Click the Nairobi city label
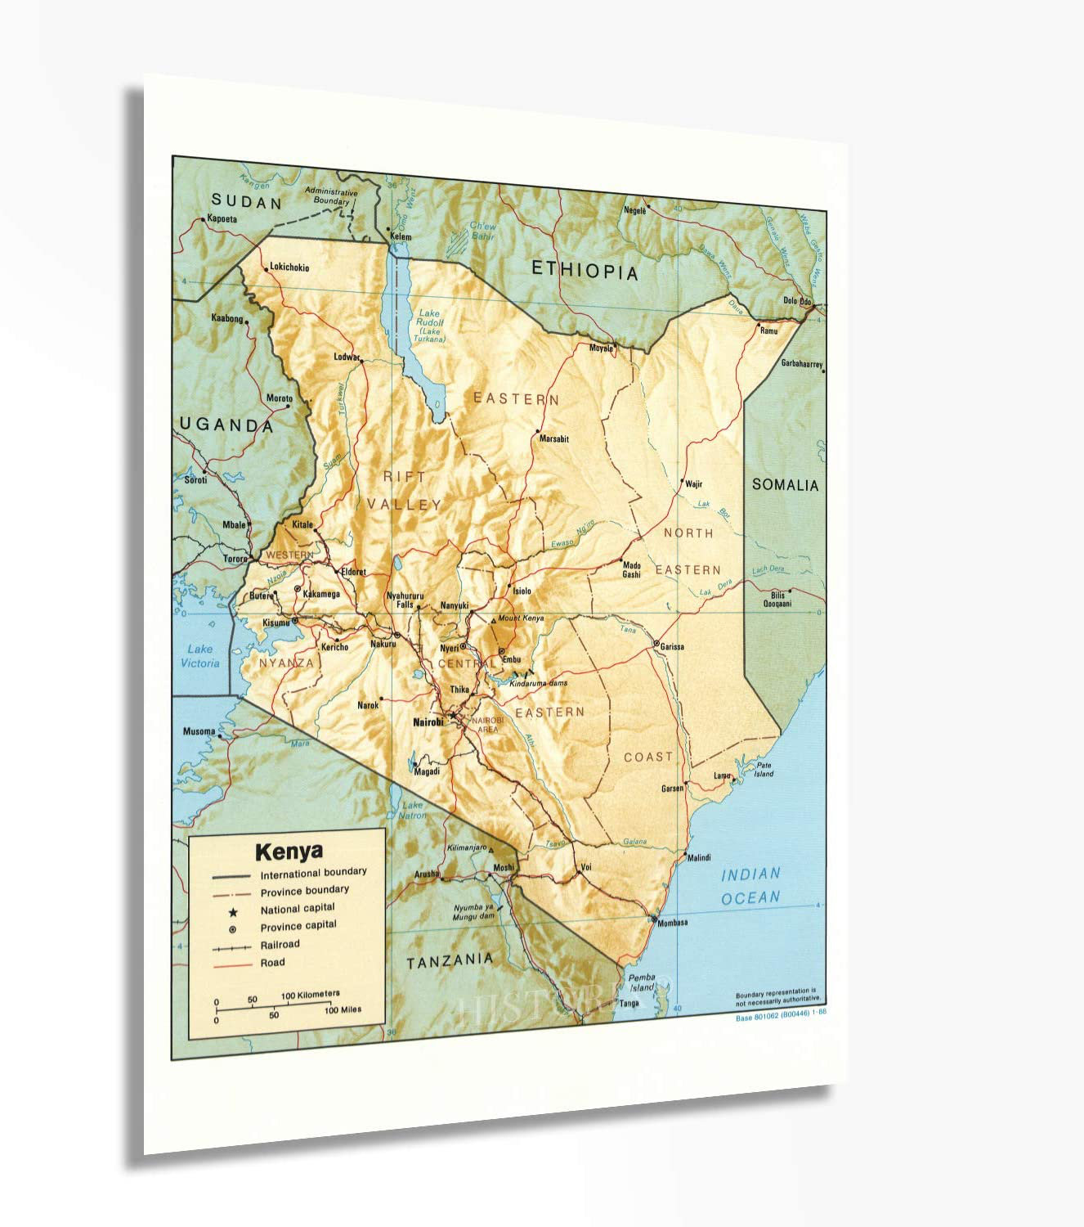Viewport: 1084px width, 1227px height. point(428,722)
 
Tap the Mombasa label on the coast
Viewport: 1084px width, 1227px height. point(673,923)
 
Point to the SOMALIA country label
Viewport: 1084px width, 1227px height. point(785,485)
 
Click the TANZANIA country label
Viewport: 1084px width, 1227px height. point(450,961)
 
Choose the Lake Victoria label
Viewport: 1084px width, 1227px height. point(199,656)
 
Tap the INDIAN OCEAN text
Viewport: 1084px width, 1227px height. point(750,886)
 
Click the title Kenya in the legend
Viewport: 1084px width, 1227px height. point(289,852)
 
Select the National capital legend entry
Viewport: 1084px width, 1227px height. point(298,909)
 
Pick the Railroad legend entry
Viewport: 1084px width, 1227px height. point(280,945)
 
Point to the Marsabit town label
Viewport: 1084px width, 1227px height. point(553,439)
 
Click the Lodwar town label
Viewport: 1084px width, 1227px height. point(347,357)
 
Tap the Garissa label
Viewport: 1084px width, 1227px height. point(672,647)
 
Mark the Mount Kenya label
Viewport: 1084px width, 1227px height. point(521,618)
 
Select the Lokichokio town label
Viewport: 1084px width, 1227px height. point(289,267)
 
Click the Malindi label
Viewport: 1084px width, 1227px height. point(698,858)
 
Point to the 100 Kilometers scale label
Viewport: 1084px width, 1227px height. point(310,995)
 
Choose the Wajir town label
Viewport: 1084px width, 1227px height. point(693,484)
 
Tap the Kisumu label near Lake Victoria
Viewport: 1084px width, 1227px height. point(275,623)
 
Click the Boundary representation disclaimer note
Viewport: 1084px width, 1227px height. point(777,996)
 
